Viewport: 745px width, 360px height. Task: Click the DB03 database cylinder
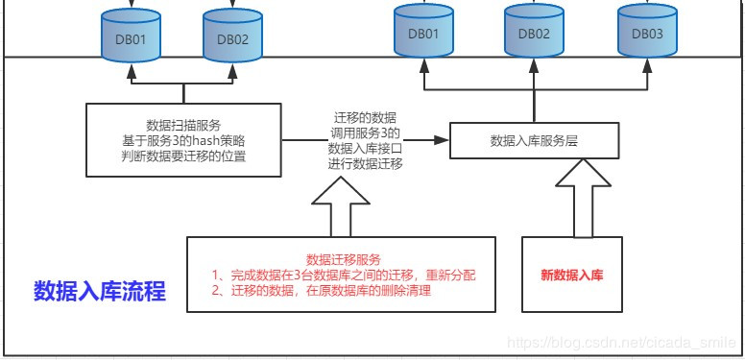pos(646,33)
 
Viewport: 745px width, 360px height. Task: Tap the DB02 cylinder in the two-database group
pos(231,37)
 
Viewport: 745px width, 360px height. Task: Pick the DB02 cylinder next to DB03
pos(534,33)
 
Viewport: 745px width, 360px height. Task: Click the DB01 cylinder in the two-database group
pos(130,37)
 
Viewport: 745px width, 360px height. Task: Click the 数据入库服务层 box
pos(534,140)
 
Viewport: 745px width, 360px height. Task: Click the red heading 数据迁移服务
pos(343,259)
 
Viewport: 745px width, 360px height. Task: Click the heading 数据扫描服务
pos(184,125)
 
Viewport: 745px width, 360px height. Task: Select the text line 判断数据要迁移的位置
pos(184,156)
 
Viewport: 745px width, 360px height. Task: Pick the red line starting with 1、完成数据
pos(345,275)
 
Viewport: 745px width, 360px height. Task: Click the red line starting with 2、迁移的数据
pos(323,291)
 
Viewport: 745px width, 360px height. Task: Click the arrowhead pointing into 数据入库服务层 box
pos(443,140)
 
